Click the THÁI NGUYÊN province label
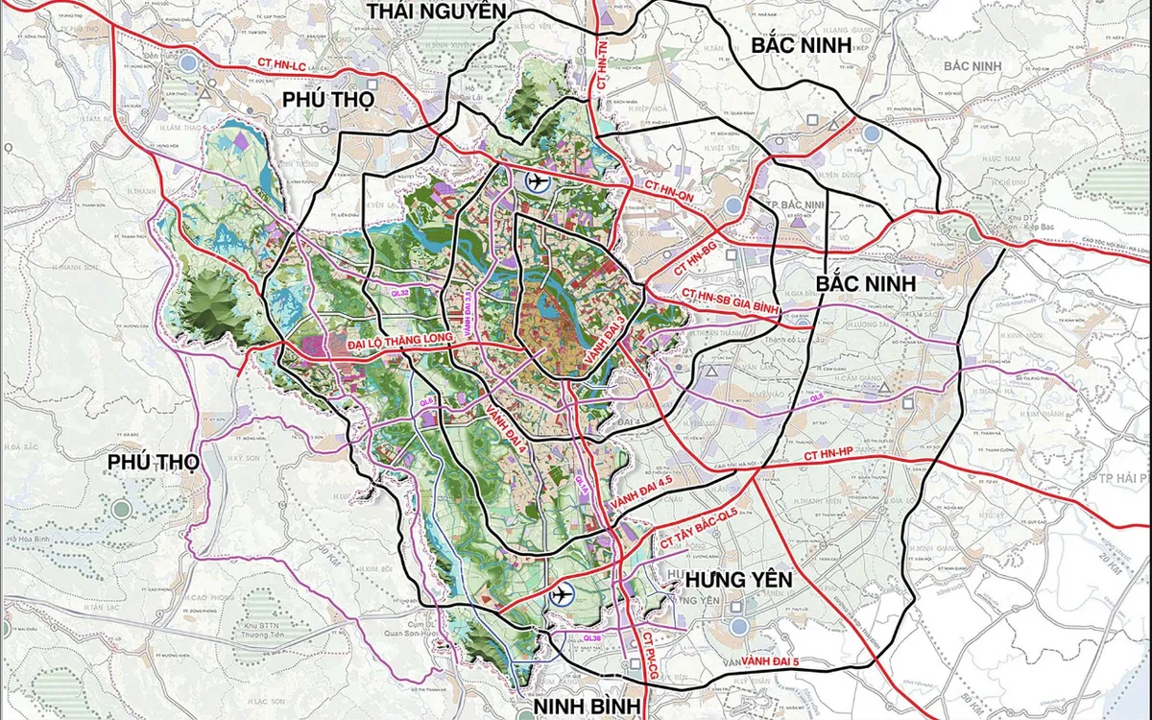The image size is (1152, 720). click(x=435, y=11)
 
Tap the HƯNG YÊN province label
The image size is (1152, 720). click(x=738, y=580)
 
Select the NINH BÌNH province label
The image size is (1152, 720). click(x=587, y=706)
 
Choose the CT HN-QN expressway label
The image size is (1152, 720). click(x=662, y=191)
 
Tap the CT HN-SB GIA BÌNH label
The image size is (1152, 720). click(x=731, y=300)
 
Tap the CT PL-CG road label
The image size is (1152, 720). click(x=649, y=657)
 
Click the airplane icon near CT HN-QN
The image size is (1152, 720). click(x=537, y=181)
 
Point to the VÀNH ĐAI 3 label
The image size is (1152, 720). click(x=602, y=337)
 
